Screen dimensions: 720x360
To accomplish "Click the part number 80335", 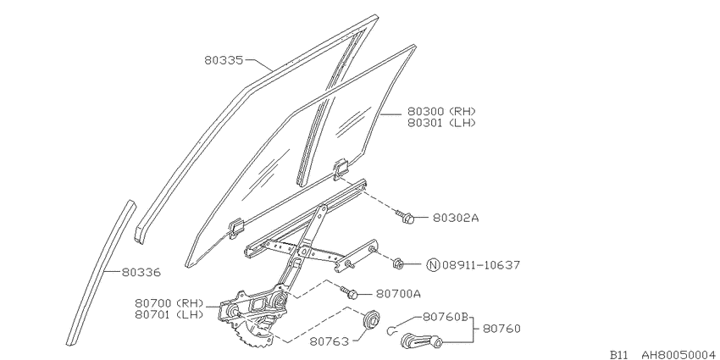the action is [224, 60].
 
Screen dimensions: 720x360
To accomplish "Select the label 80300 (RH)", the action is [440, 111].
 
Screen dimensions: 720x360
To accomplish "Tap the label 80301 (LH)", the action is [440, 123].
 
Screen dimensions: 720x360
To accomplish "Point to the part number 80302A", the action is [456, 218].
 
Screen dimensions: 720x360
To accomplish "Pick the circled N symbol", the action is [434, 265].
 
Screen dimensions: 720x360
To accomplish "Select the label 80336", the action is [141, 272].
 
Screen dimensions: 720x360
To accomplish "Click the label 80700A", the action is [398, 293].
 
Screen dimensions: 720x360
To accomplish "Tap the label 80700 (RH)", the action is [169, 303].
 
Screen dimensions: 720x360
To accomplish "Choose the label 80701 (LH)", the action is [169, 314].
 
